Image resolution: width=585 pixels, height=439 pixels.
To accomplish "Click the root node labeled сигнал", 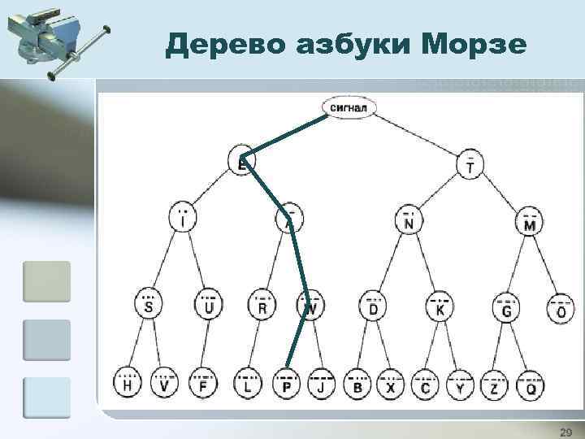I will [349, 106].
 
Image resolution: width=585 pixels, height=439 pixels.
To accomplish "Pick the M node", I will [530, 222].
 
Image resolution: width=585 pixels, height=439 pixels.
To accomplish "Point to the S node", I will [148, 306].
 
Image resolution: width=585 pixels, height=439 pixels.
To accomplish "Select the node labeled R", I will [262, 306].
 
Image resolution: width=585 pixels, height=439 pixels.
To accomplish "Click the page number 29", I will [565, 430].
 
